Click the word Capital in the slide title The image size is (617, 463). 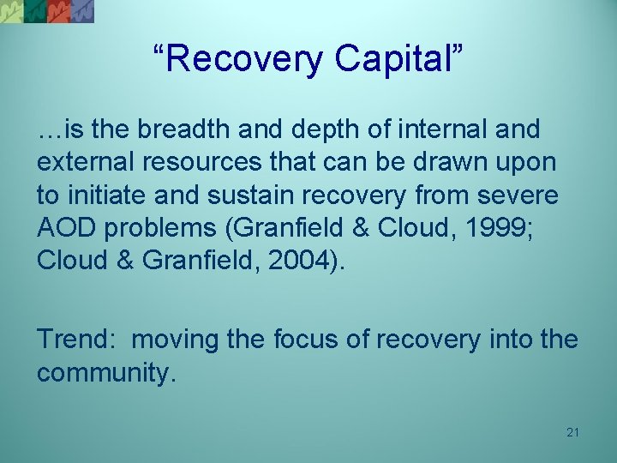[x=396, y=60]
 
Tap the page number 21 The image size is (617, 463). [x=572, y=432]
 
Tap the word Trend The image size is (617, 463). [x=73, y=340]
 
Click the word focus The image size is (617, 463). [x=300, y=340]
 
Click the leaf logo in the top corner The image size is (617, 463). [x=47, y=10]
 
